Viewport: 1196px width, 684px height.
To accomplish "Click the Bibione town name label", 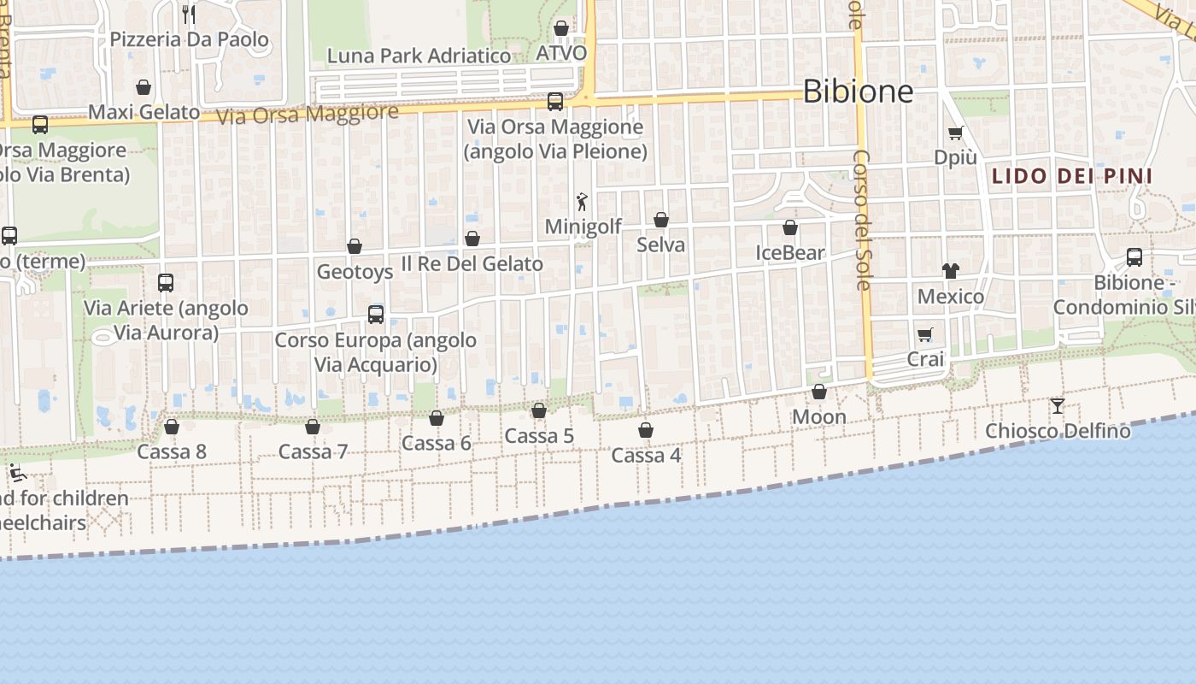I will click(858, 91).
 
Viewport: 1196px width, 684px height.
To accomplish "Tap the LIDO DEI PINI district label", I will click(1072, 177).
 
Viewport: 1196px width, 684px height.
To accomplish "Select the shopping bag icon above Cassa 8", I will click(172, 426).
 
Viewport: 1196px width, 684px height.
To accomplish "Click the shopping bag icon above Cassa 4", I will click(646, 429).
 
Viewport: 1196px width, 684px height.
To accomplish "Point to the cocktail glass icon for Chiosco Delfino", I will click(1058, 405).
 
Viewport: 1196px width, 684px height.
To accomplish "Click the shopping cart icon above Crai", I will click(924, 334).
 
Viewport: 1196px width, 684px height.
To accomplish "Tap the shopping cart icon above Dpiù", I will click(955, 133).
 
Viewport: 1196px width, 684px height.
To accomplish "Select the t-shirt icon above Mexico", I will click(950, 271).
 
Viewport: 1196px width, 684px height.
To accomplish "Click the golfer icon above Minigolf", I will click(583, 202).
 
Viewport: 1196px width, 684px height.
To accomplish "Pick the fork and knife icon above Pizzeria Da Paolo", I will click(189, 14).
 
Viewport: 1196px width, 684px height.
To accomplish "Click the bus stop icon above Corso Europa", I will click(376, 314).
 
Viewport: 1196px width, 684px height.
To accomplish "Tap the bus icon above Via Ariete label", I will click(166, 282).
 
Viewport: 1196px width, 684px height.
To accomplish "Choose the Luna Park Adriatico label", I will click(419, 56).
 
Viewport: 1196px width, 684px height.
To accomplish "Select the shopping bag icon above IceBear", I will click(790, 227).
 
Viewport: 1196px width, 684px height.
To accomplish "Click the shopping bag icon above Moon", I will click(819, 392).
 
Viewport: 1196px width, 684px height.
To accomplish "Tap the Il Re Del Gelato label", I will click(472, 263).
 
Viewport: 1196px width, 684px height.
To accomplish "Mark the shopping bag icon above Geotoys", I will click(355, 246).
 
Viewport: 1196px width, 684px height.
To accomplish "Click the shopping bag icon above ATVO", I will click(561, 28).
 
